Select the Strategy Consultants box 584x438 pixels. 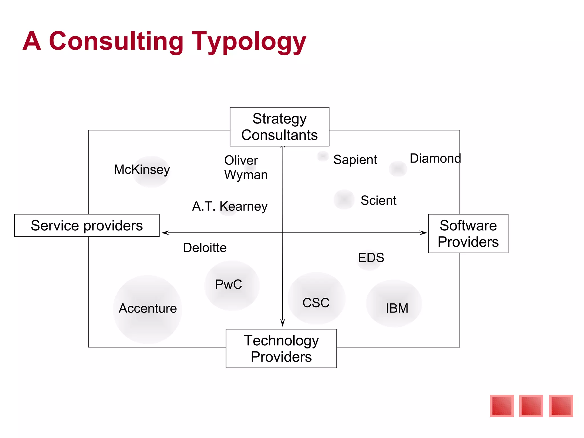pyautogui.click(x=279, y=127)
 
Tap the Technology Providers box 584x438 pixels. pyautogui.click(x=281, y=348)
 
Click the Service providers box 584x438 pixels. pyautogui.click(x=87, y=226)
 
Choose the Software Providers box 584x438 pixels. pyautogui.click(x=468, y=234)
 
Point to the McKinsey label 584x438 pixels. pyautogui.click(x=142, y=169)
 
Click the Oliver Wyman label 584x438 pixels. pyautogui.click(x=246, y=167)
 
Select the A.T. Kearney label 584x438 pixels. pyautogui.click(x=230, y=206)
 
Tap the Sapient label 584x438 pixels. pyautogui.click(x=355, y=160)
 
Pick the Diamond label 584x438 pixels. pyautogui.click(x=435, y=159)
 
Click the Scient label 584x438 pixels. pyautogui.click(x=378, y=200)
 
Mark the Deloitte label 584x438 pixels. pyautogui.click(x=205, y=248)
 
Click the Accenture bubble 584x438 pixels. pyautogui.click(x=148, y=309)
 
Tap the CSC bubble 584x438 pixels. pyautogui.click(x=316, y=299)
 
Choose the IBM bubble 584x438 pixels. pyautogui.click(x=394, y=303)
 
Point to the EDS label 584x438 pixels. pyautogui.click(x=371, y=258)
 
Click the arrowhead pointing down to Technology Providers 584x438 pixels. pyautogui.click(x=283, y=323)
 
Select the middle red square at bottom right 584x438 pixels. pyautogui.click(x=531, y=406)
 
